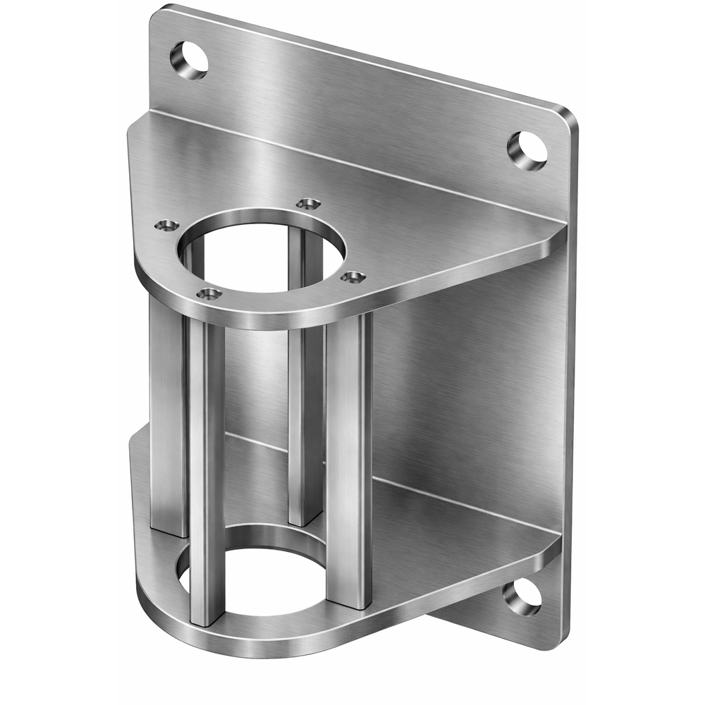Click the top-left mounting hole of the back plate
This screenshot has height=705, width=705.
[189, 61]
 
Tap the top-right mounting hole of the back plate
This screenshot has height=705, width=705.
[527, 149]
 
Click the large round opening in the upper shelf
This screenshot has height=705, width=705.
[262, 250]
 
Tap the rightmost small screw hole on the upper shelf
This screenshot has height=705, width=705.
[353, 277]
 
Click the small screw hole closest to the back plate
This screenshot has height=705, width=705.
[308, 204]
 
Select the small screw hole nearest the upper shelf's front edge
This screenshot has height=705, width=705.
[209, 294]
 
